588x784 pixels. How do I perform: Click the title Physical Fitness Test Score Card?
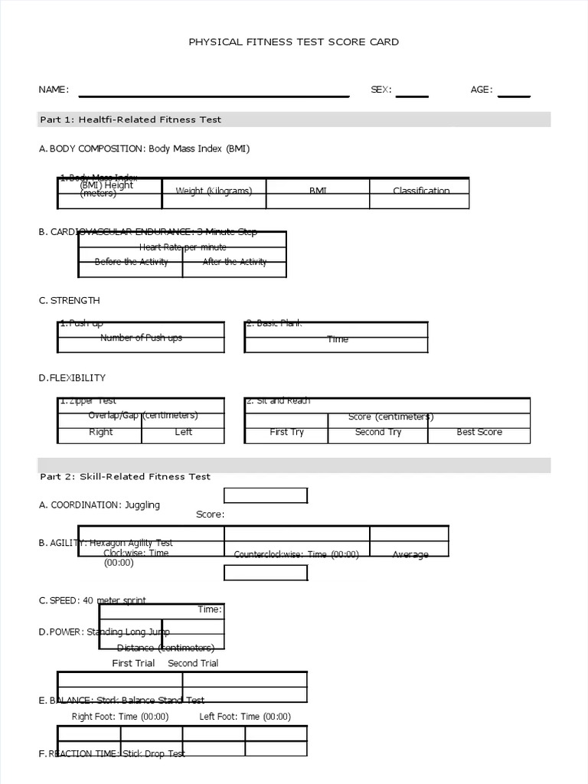pyautogui.click(x=293, y=42)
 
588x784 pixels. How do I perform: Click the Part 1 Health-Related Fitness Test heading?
pyautogui.click(x=131, y=119)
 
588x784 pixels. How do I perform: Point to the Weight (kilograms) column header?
pyautogui.click(x=214, y=191)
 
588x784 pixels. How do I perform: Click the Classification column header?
pyautogui.click(x=421, y=191)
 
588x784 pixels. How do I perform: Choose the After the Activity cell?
pyautogui.click(x=234, y=262)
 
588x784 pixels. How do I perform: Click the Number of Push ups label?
pyautogui.click(x=141, y=338)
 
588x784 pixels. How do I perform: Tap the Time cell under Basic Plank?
pyautogui.click(x=337, y=339)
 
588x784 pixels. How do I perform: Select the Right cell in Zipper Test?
pyautogui.click(x=100, y=433)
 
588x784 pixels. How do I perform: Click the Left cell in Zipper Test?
pyautogui.click(x=184, y=433)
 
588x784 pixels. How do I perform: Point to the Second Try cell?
pyautogui.click(x=377, y=433)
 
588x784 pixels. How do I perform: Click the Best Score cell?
pyautogui.click(x=479, y=433)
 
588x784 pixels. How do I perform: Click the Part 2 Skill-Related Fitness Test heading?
pyautogui.click(x=125, y=476)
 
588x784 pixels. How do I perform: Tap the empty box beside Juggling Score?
pyautogui.click(x=265, y=496)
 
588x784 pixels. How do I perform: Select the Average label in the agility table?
pyautogui.click(x=410, y=554)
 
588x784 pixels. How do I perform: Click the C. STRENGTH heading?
pyautogui.click(x=70, y=301)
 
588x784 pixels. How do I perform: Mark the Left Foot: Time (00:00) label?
pyautogui.click(x=245, y=717)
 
